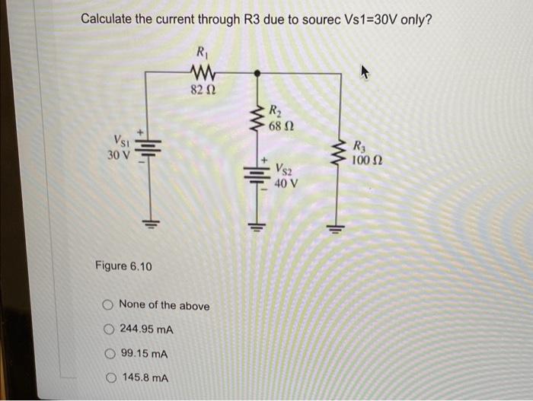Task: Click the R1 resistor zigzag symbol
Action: [202, 72]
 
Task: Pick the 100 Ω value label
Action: [366, 161]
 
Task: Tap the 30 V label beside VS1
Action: [119, 155]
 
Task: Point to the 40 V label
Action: [286, 183]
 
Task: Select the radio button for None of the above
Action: [109, 306]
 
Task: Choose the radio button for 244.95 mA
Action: [109, 330]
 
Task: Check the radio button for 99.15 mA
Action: [109, 355]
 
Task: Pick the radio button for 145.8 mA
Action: [109, 378]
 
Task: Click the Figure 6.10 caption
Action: [123, 266]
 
